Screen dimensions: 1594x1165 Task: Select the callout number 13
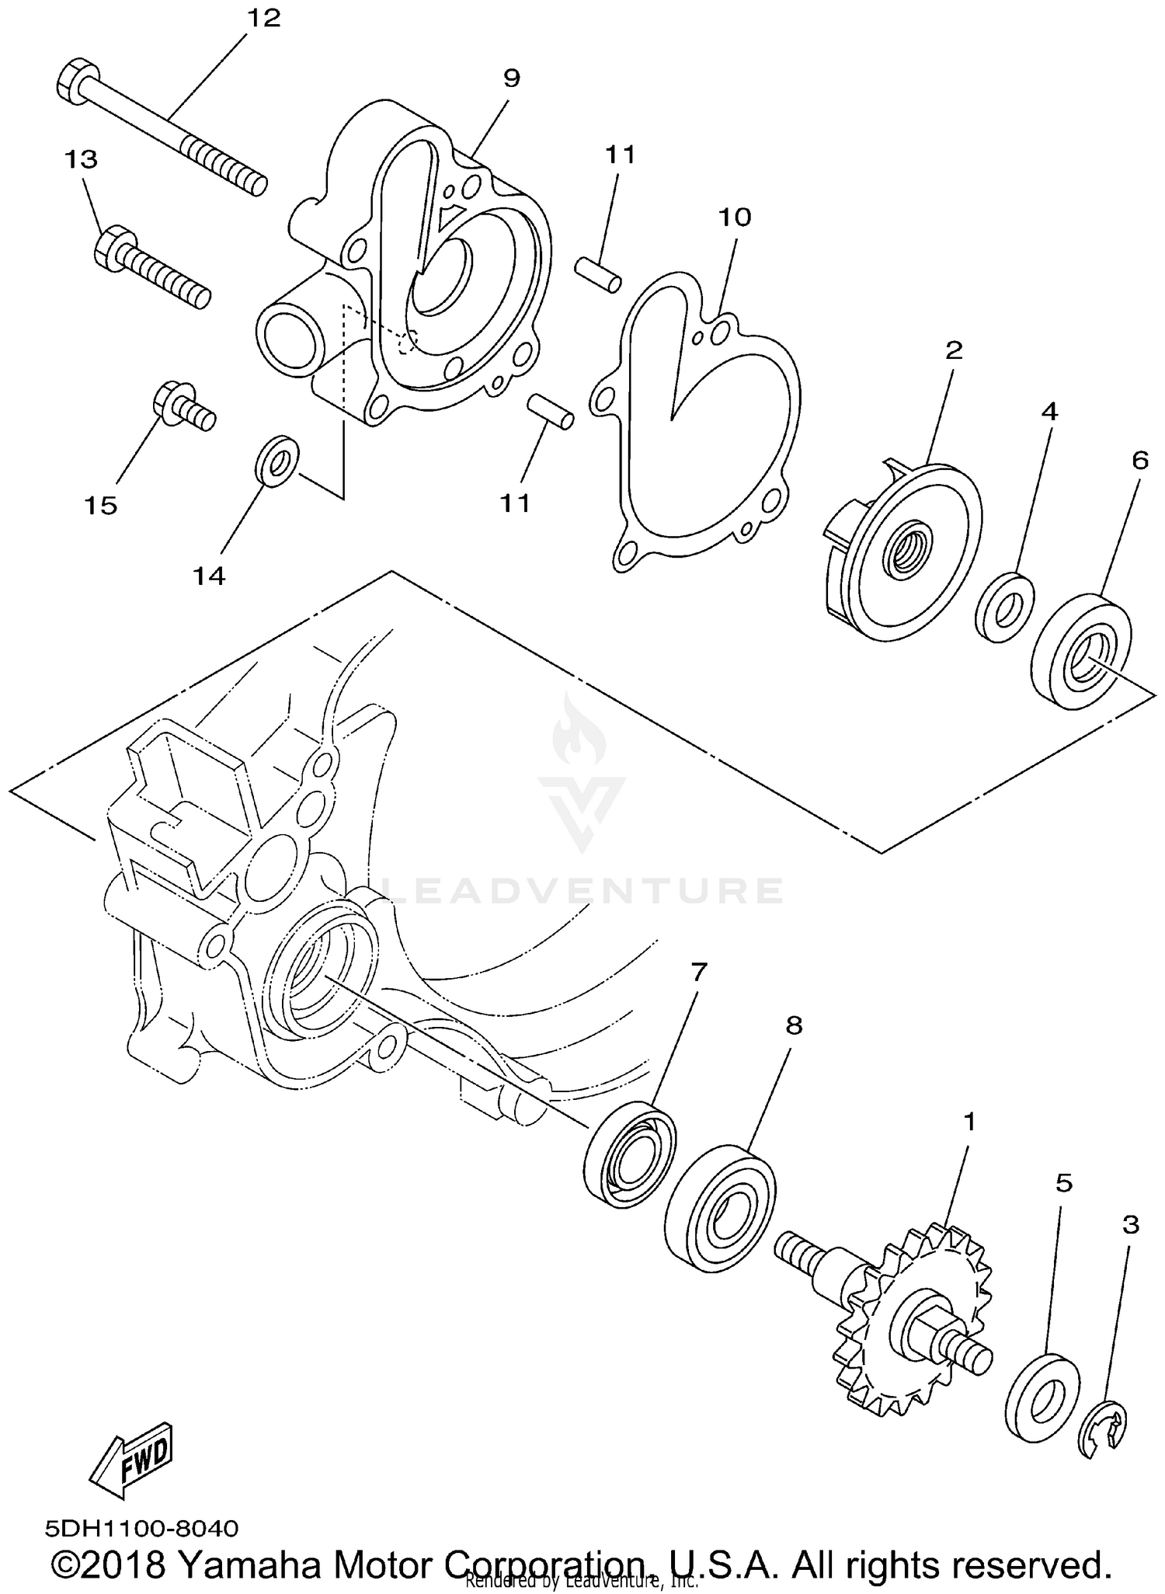coord(81,159)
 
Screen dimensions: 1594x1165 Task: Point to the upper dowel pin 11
coord(597,274)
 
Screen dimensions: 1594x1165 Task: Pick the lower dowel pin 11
coord(551,411)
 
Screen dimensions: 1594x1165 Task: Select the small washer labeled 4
coord(1003,608)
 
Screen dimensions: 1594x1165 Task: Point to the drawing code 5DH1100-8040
coord(141,1530)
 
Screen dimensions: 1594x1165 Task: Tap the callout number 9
coord(511,78)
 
